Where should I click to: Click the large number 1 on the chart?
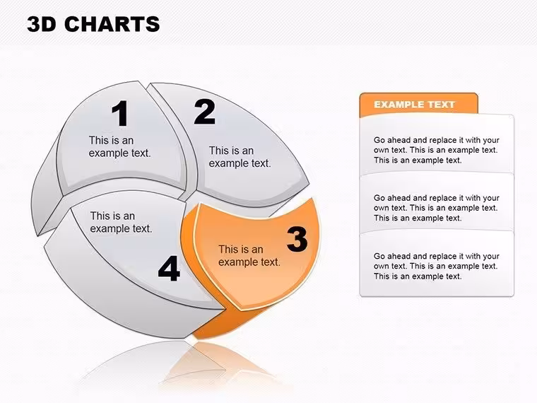[x=120, y=113]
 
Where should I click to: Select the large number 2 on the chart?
[x=204, y=112]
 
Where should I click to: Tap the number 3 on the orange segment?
[x=297, y=239]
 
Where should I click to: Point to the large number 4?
[x=169, y=269]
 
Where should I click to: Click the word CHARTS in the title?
[x=112, y=24]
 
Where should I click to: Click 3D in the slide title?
[x=41, y=24]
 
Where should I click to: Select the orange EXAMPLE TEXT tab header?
[x=418, y=104]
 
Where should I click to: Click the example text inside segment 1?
[x=120, y=146]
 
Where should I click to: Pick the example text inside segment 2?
[x=240, y=157]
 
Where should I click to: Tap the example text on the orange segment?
[x=249, y=256]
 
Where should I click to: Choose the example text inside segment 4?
[x=121, y=222]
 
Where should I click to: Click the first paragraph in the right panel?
[x=437, y=150]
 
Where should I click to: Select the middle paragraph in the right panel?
[x=437, y=208]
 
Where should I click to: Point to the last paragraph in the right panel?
[x=437, y=267]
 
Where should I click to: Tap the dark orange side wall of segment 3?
[x=226, y=322]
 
